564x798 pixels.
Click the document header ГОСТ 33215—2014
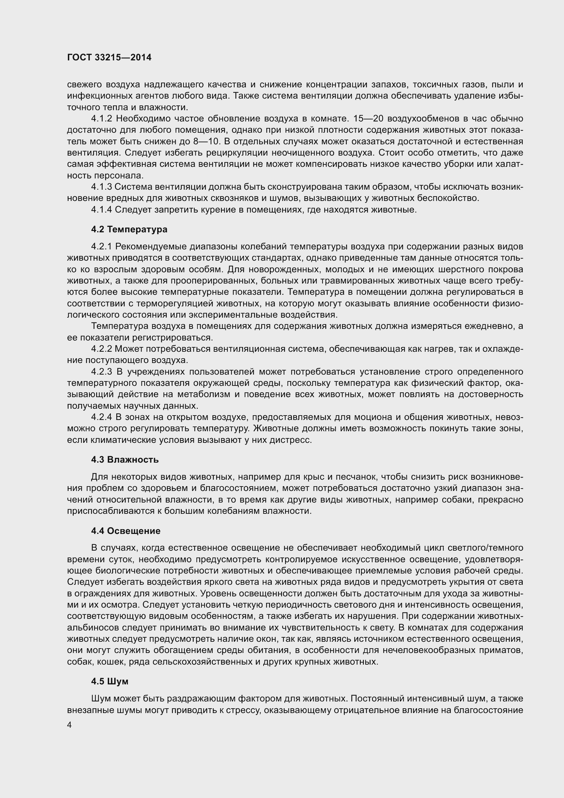click(x=109, y=58)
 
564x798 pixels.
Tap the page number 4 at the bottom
click(x=70, y=725)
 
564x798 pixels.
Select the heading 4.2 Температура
click(x=129, y=229)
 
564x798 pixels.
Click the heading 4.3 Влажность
click(x=125, y=460)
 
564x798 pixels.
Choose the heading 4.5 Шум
click(x=110, y=681)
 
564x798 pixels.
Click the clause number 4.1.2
click(x=101, y=119)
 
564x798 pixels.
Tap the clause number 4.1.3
click(x=101, y=187)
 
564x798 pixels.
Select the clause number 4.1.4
click(x=101, y=209)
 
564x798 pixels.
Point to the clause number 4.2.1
click(x=101, y=246)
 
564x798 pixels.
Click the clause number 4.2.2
click(x=101, y=349)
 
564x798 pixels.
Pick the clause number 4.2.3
click(x=101, y=372)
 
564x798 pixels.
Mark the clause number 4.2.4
click(x=101, y=417)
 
